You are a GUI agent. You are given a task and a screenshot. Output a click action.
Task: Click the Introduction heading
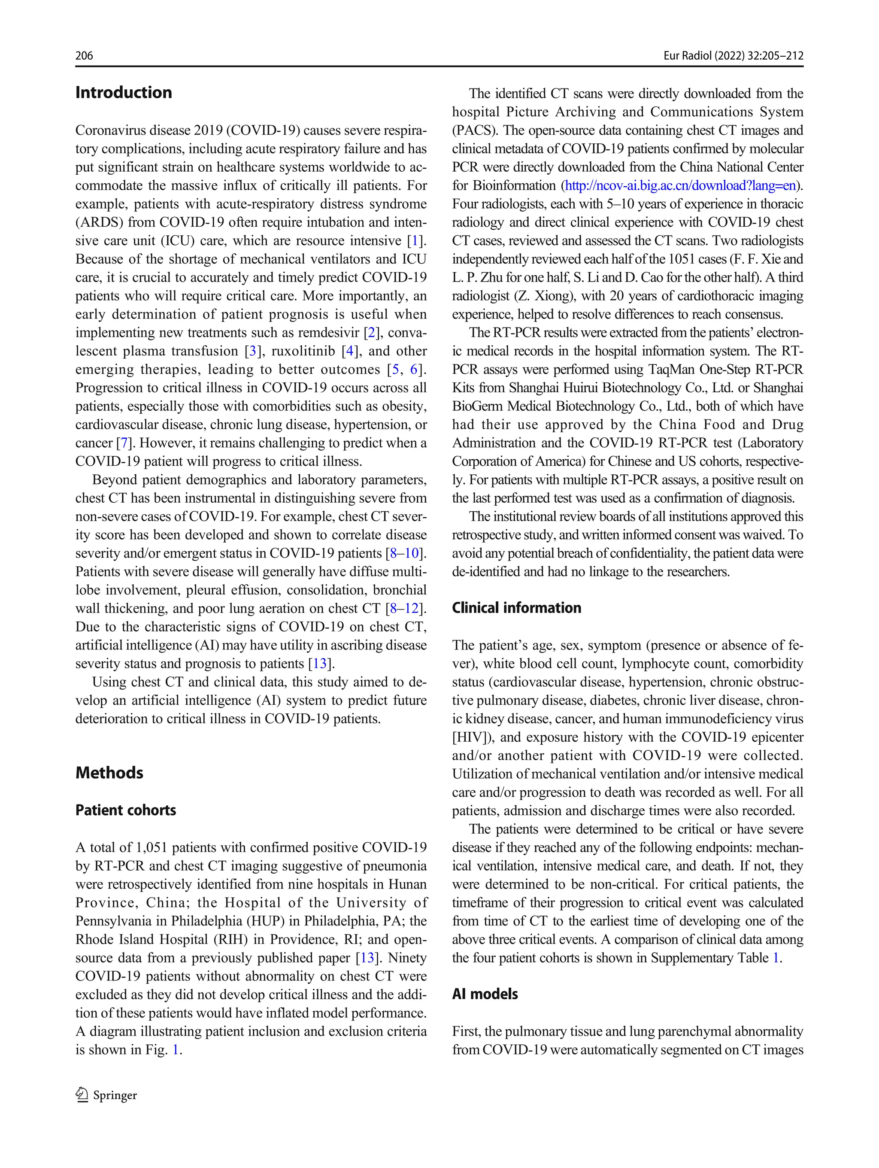tap(124, 92)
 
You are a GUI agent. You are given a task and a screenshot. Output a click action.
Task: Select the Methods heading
tap(109, 773)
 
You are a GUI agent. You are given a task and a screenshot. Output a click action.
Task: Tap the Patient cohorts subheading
tap(126, 810)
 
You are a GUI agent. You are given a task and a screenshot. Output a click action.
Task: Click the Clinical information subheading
tap(516, 608)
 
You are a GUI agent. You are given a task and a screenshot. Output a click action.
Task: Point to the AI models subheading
tap(485, 994)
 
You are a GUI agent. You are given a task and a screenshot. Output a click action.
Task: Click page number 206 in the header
tap(84, 55)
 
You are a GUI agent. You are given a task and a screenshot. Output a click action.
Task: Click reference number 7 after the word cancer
tap(124, 443)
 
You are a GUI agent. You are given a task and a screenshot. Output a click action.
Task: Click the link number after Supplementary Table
tap(776, 958)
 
